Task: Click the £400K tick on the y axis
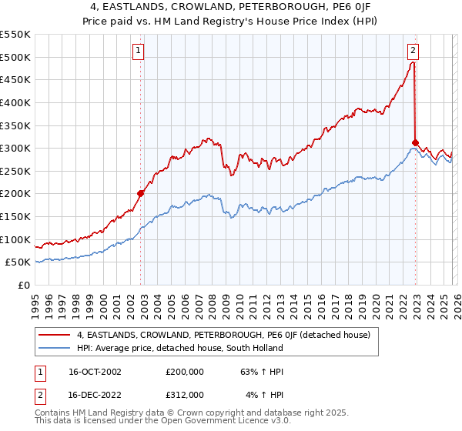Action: pyautogui.click(x=15, y=102)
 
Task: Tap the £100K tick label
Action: pyautogui.click(x=15, y=239)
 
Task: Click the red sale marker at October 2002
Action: pyautogui.click(x=141, y=194)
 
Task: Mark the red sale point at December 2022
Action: pyautogui.click(x=415, y=142)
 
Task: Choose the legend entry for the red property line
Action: pyautogui.click(x=223, y=335)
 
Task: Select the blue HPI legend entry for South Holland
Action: pyautogui.click(x=180, y=348)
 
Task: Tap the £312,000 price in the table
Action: pyautogui.click(x=185, y=395)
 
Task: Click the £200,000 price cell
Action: pyautogui.click(x=185, y=372)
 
